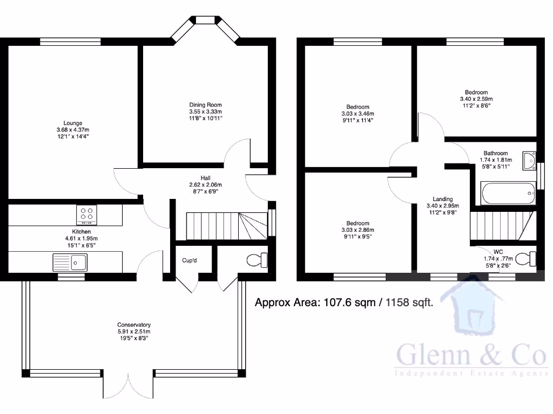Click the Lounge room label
point(72,123)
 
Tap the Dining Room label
point(205,105)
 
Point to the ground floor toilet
point(255,260)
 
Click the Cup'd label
point(189,260)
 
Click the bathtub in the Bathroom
point(507,194)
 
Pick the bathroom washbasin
point(528,160)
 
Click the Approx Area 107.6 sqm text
point(317,303)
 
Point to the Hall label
point(205,177)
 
